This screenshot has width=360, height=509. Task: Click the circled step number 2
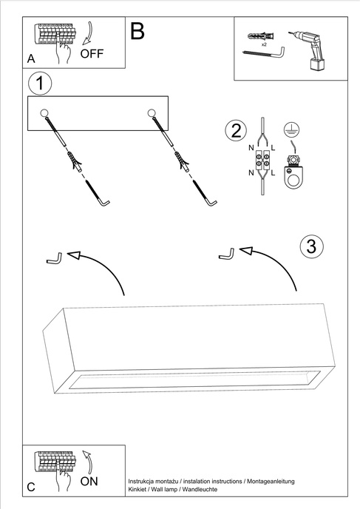236,131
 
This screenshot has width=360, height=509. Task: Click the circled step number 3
312,246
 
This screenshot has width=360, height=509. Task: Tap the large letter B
137,30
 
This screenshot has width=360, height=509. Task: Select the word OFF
92,54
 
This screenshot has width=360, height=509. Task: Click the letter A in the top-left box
30,58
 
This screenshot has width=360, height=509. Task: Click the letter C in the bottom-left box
30,487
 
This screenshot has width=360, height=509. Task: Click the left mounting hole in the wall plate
44,112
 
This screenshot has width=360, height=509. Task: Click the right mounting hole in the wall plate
152,112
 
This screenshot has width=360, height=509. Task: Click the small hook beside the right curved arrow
227,254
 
